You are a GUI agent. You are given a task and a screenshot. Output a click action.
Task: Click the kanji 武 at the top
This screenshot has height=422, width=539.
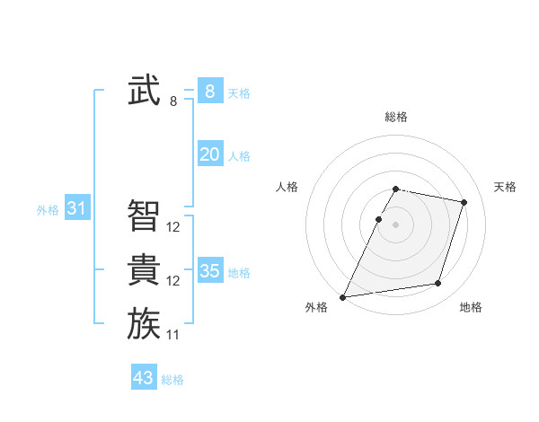tap(144, 91)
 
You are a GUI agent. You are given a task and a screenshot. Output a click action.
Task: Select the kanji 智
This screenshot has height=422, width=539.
tap(144, 215)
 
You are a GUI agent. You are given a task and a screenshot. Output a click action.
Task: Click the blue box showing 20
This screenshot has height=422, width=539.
tap(210, 154)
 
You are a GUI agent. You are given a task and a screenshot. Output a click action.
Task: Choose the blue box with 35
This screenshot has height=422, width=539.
tap(210, 270)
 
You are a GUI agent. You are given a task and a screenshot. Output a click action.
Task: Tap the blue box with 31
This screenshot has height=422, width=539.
tap(77, 209)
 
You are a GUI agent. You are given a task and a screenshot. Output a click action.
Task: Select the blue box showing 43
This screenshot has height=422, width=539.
tap(144, 378)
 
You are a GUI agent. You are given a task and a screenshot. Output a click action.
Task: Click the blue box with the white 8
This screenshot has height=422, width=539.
tap(210, 91)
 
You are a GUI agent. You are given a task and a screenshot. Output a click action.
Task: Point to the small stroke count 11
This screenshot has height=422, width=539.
tap(173, 335)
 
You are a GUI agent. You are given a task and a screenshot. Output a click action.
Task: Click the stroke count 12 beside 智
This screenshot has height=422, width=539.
tap(173, 228)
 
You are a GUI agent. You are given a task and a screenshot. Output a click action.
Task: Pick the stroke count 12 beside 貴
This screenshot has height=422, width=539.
tap(173, 281)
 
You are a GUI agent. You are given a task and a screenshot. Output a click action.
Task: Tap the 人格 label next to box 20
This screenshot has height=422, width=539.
tap(239, 156)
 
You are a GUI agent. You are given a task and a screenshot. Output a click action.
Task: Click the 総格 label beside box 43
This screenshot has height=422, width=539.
tap(172, 380)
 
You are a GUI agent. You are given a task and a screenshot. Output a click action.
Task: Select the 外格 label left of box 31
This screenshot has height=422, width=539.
tap(48, 210)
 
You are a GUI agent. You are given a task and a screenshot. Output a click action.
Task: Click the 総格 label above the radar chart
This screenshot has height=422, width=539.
tap(396, 117)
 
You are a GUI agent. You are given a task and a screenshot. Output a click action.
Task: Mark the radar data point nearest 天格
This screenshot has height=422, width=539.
tap(464, 202)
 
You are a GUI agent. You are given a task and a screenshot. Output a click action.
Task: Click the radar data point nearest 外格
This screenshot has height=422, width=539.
tap(343, 296)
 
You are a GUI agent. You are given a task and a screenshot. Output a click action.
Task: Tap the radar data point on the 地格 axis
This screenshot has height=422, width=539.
tap(438, 284)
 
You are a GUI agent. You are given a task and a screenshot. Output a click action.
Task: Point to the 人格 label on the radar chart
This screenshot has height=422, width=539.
tap(287, 187)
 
